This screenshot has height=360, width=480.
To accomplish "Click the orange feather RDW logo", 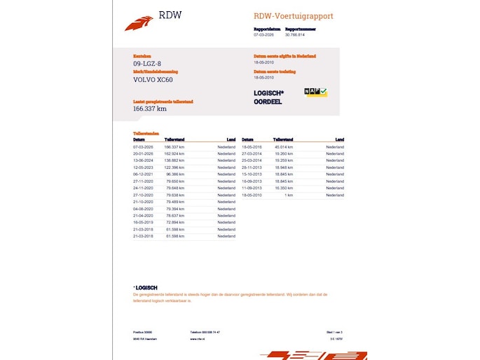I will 138,23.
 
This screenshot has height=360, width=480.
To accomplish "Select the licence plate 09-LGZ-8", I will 146,64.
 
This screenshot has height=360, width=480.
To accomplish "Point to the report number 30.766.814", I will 295,34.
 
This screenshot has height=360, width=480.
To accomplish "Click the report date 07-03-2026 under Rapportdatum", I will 263,34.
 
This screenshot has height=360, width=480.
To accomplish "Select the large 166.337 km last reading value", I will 150,109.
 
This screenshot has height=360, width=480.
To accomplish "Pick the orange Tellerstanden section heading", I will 146,133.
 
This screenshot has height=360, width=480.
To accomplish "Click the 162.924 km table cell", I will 174,154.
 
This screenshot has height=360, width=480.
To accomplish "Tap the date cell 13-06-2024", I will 143,161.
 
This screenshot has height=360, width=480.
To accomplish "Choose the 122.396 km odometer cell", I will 174,168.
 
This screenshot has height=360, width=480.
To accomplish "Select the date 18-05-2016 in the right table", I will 251,147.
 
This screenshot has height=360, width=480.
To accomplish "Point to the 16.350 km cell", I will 284,188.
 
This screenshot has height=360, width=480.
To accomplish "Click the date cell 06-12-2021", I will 143,174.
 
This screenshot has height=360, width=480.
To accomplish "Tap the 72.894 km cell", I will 175,223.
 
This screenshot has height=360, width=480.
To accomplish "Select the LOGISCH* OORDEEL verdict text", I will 268,97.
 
